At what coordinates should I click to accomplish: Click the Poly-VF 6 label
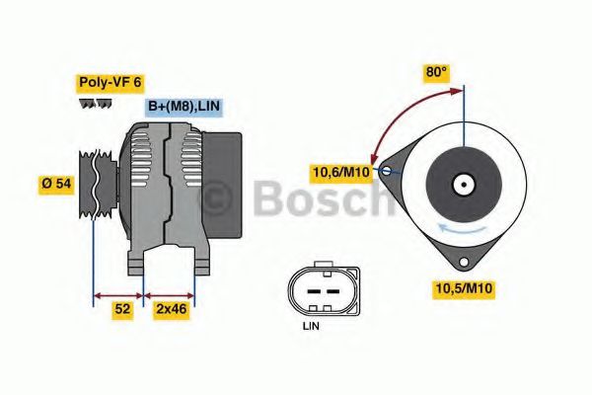110,84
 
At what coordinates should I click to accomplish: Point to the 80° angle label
435,72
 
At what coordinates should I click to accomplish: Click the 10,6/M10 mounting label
339,173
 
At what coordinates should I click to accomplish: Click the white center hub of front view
462,184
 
